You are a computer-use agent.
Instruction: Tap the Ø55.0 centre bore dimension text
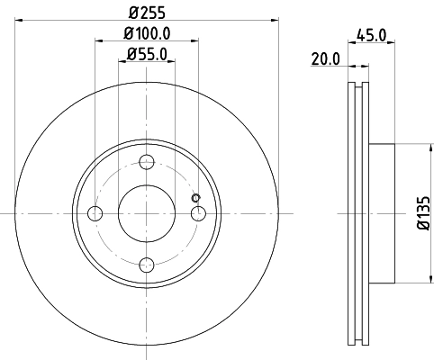147,55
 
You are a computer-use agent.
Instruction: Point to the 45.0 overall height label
373,38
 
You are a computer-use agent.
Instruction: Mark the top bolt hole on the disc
147,162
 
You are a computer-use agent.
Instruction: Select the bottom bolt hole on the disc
147,263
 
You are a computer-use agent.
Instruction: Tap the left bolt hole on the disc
95,212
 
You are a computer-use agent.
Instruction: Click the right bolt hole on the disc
198,212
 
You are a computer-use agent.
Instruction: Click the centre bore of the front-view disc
147,212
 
